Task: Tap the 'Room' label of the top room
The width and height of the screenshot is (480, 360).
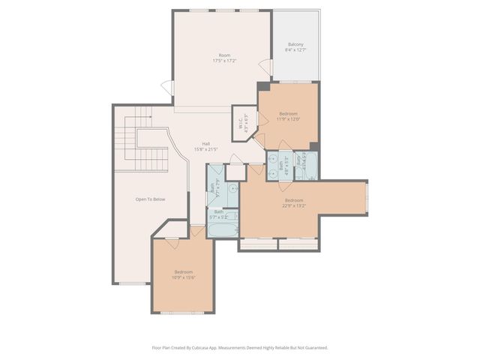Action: tap(223, 55)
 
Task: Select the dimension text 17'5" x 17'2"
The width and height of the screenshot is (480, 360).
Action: tap(223, 61)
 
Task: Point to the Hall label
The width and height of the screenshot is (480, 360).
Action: tap(205, 144)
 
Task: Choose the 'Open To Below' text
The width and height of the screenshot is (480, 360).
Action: tap(149, 199)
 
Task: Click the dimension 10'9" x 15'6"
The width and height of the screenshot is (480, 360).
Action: tap(184, 277)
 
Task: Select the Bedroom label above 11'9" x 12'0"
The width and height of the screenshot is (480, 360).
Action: tap(289, 113)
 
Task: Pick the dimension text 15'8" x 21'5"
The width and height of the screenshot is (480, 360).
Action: tap(205, 149)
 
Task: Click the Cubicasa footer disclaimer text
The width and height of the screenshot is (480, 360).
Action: tap(239, 348)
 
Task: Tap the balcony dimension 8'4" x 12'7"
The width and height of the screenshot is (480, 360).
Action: tap(295, 50)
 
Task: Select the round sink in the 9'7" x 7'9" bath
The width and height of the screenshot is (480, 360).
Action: tap(233, 189)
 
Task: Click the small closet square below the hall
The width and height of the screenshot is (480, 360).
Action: tap(235, 171)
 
